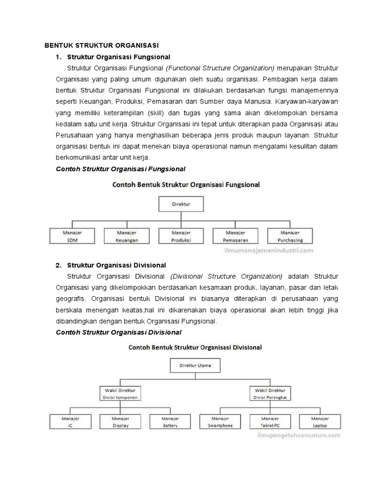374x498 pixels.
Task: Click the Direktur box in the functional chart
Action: [181, 204]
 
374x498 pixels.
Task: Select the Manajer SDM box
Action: [73, 236]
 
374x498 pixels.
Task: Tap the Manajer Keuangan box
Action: [127, 236]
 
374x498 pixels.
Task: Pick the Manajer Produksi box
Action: [181, 236]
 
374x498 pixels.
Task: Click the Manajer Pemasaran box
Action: [235, 236]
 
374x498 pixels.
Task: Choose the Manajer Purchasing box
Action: [290, 236]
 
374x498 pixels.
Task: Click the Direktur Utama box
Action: [195, 365]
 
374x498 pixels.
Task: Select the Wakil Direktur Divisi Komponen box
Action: [121, 393]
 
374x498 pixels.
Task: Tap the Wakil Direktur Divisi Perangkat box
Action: [271, 393]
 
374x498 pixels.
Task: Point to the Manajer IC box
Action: [70, 422]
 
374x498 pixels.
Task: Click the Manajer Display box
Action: [120, 422]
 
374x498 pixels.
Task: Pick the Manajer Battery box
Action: [170, 422]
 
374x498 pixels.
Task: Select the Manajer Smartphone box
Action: [221, 422]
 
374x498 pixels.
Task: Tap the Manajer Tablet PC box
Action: [271, 422]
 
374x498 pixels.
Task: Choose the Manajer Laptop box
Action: [320, 422]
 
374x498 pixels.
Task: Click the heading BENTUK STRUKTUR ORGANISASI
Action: [102, 46]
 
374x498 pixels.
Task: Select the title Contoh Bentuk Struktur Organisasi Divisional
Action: [195, 348]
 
